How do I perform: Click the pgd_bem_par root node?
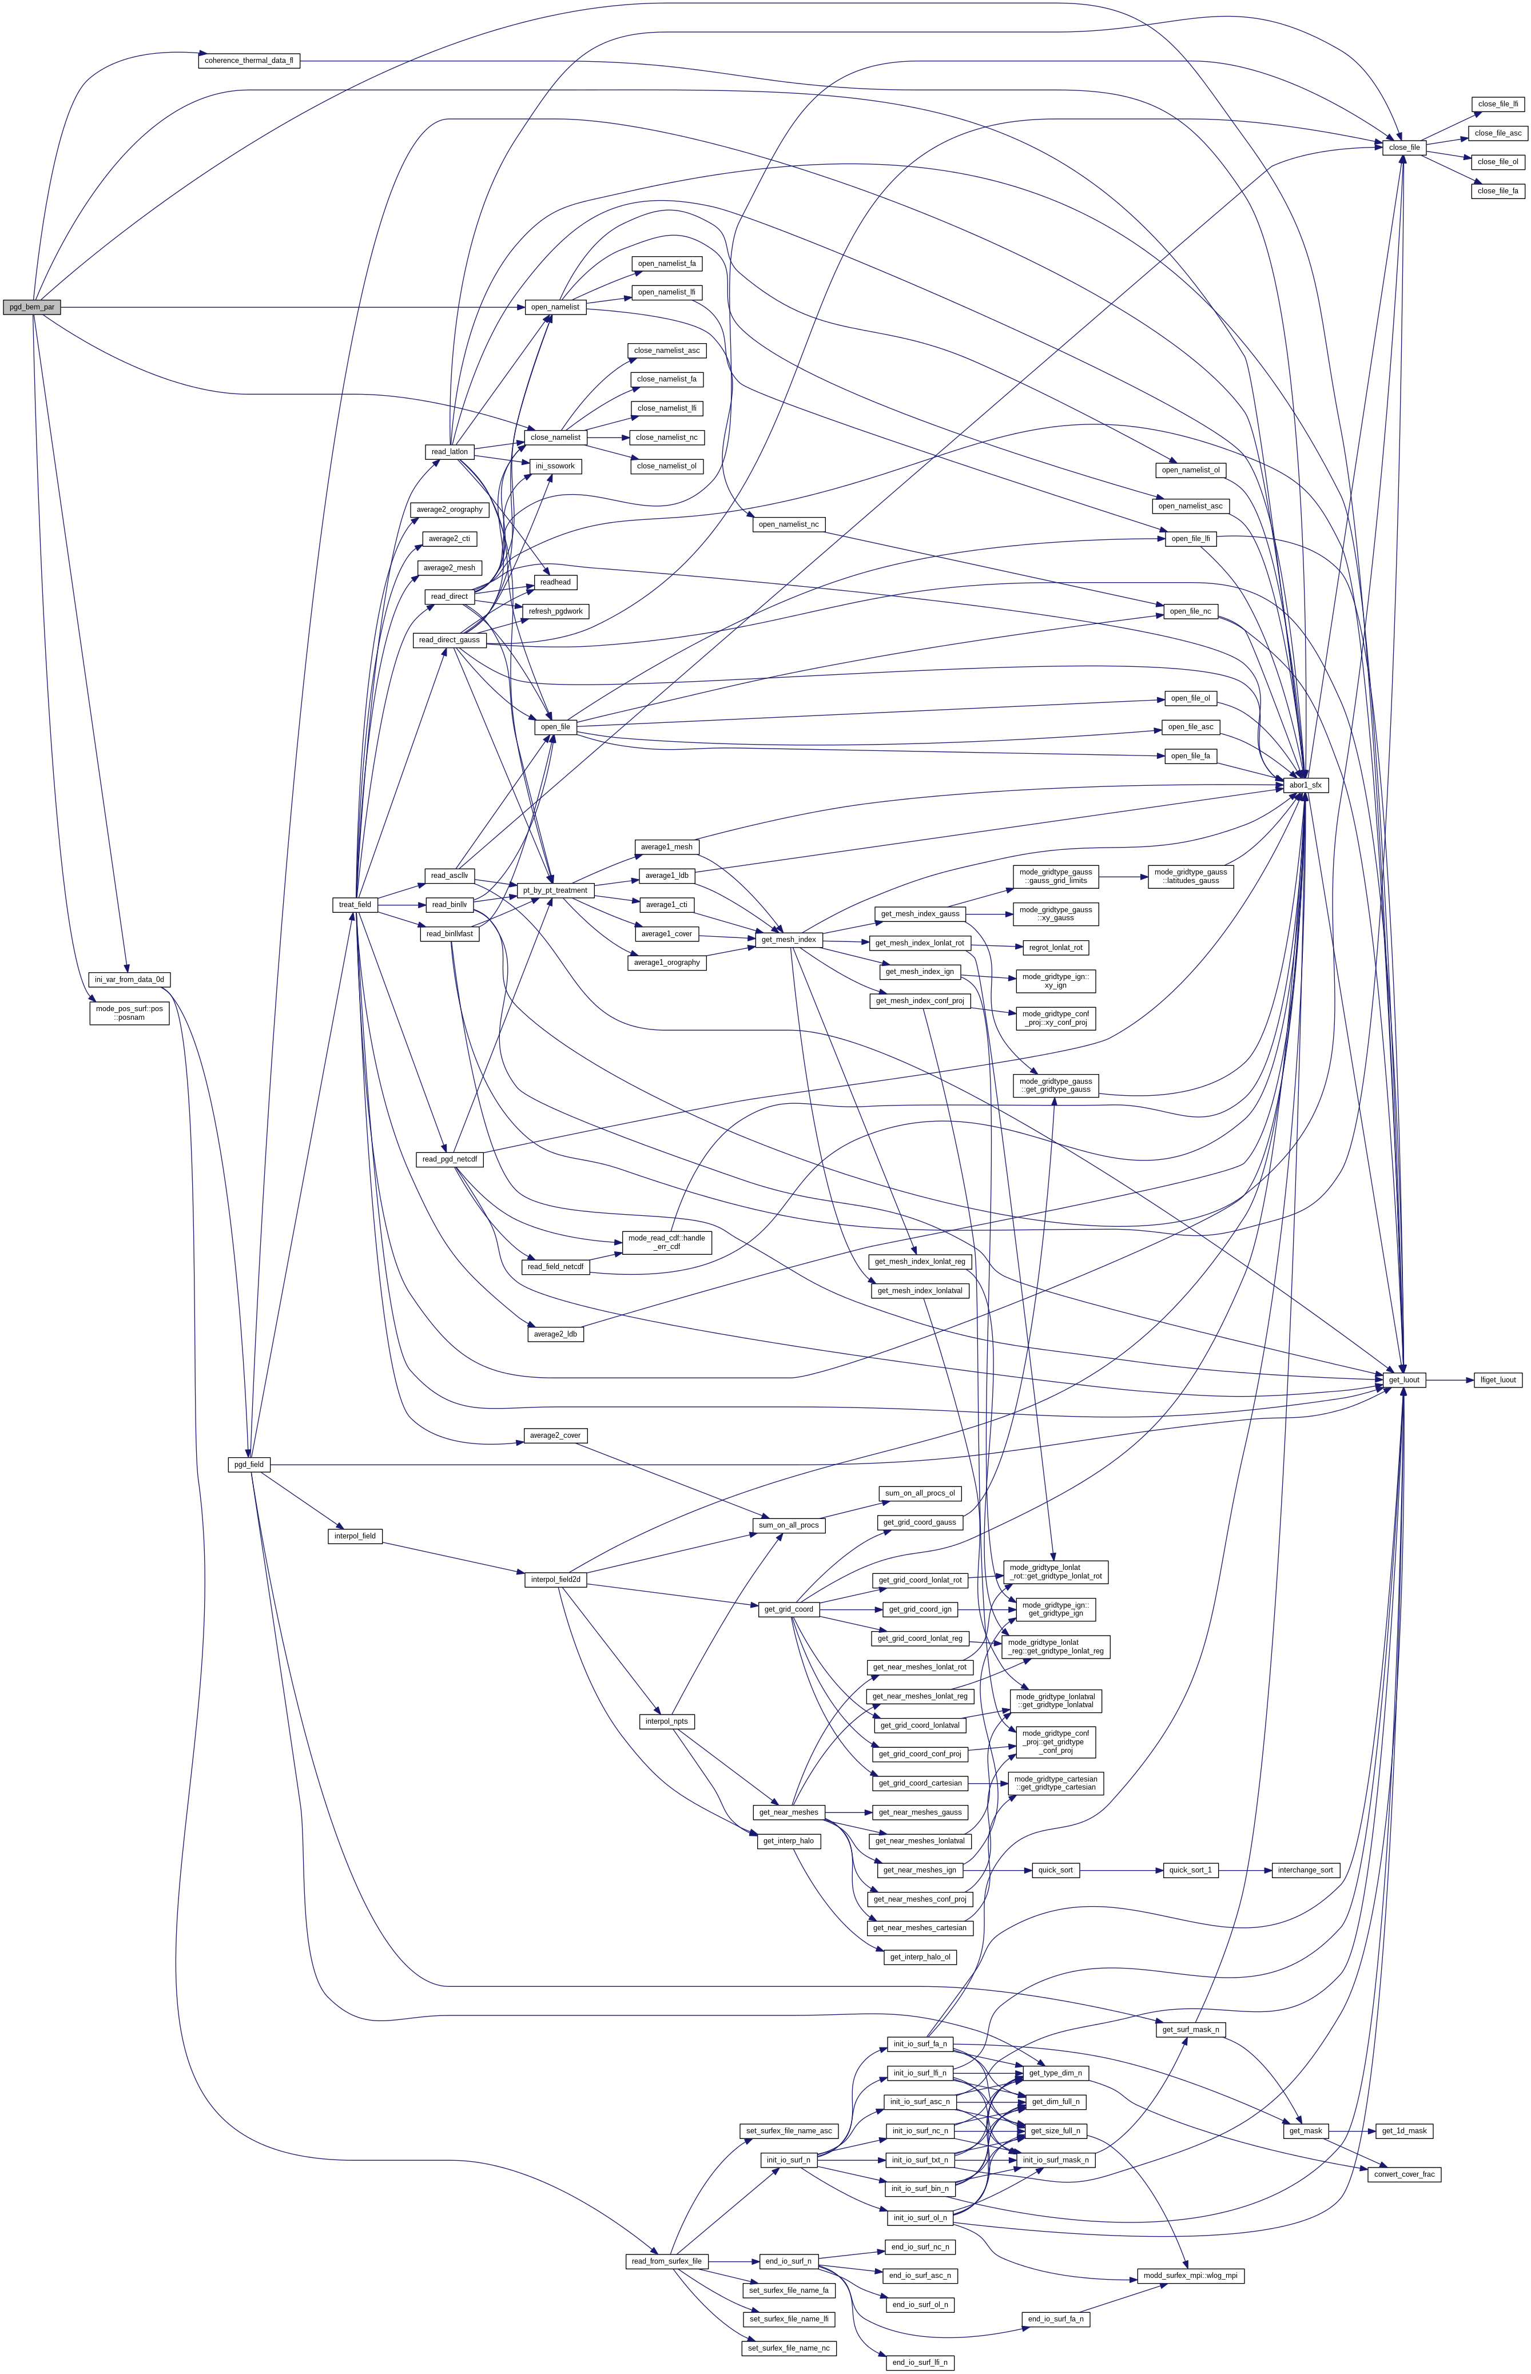tap(32, 307)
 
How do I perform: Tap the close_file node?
tap(1403, 147)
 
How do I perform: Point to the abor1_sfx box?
tap(1305, 784)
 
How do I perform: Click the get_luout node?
tap(1403, 1380)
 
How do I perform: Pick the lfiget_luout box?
tap(1498, 1380)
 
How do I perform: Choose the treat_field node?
tap(355, 905)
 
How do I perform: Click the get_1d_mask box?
tap(1402, 2130)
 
